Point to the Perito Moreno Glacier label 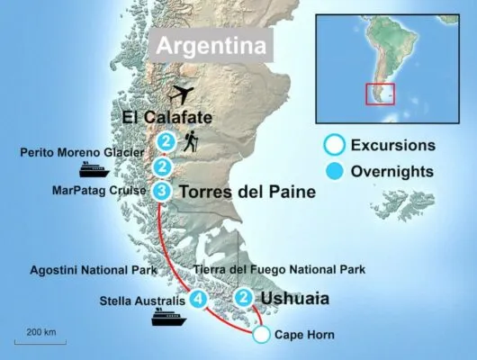coord(80,152)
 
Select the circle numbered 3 coord(161,191)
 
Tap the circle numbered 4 coord(199,299)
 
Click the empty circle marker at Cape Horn coord(260,336)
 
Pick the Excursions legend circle coord(335,145)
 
